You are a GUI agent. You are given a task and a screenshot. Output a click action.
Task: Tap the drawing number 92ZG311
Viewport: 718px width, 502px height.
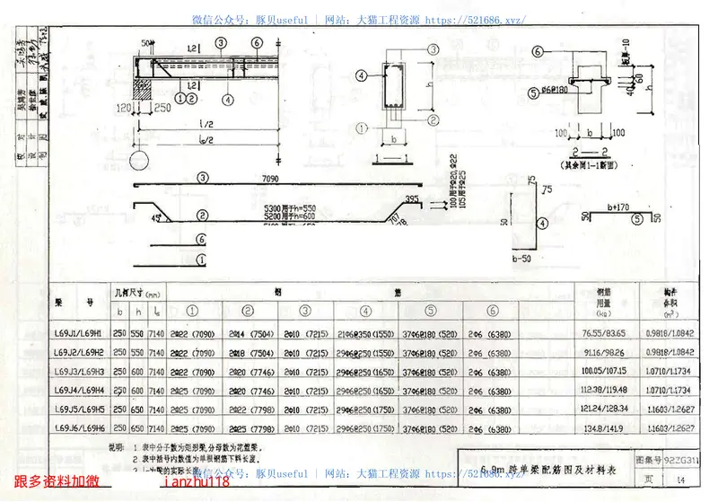coord(679,458)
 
